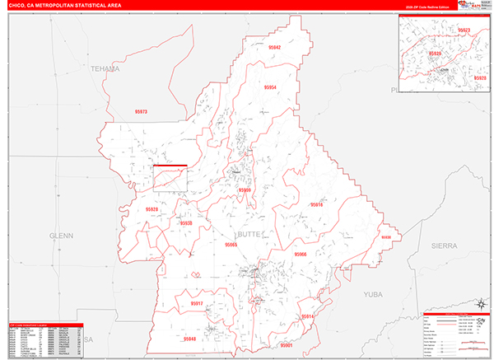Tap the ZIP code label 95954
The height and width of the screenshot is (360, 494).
click(x=271, y=86)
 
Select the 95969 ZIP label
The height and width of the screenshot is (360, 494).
click(x=245, y=190)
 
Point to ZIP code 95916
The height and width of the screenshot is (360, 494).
click(x=316, y=204)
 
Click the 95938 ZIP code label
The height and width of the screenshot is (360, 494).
click(x=185, y=223)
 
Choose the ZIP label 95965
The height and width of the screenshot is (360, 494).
click(x=231, y=245)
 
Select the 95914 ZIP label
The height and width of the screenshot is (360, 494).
click(x=306, y=316)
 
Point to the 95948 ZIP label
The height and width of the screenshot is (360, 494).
click(x=190, y=339)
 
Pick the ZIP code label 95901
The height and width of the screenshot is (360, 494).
click(x=286, y=346)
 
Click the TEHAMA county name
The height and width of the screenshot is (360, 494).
click(x=105, y=68)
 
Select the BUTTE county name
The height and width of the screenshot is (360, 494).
click(x=249, y=235)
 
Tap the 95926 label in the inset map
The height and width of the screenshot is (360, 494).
click(x=434, y=52)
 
